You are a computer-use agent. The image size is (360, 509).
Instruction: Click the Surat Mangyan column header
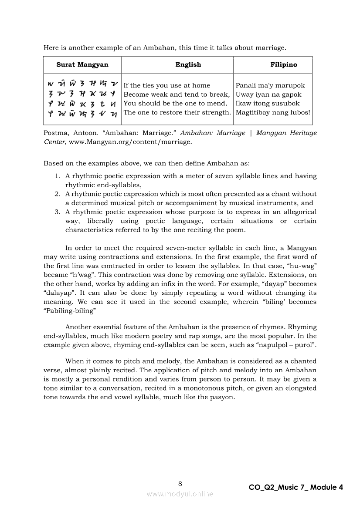(x=82, y=65)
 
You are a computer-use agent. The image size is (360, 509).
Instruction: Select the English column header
(x=188, y=65)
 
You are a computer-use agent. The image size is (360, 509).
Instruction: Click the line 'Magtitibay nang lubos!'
(x=273, y=112)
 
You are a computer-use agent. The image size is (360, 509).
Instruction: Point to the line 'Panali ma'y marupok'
(x=270, y=85)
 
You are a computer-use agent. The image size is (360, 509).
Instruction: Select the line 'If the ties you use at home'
(x=166, y=85)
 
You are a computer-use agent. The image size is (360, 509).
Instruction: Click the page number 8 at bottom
(x=180, y=483)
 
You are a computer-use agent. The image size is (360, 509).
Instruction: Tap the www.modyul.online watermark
(x=180, y=494)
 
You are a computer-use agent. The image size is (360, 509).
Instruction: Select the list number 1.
(x=57, y=176)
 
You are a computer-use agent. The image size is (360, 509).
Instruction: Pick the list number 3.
(x=57, y=212)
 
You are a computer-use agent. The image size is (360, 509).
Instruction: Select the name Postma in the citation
(x=55, y=133)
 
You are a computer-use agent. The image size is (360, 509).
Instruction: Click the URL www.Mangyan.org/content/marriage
(x=129, y=142)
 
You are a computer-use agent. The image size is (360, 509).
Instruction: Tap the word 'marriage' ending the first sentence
(x=272, y=47)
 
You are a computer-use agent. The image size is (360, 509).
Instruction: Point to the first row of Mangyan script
(x=82, y=84)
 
